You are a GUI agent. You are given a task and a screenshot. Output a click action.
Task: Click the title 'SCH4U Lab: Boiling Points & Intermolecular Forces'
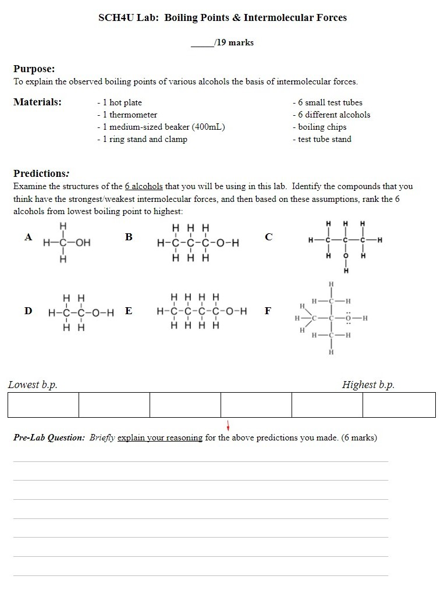(x=222, y=17)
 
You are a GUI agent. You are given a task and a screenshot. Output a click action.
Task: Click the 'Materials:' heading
(x=37, y=102)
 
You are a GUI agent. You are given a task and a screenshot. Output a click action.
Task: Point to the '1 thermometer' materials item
(x=127, y=115)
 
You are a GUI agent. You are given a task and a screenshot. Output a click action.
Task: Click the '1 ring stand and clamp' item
(x=142, y=139)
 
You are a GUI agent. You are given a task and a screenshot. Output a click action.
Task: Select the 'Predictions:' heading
(x=41, y=173)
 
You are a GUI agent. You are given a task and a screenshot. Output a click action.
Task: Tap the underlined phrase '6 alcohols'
(x=144, y=186)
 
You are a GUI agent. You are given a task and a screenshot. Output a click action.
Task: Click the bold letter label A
(x=28, y=237)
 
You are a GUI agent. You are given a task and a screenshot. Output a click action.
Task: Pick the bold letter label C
(x=268, y=237)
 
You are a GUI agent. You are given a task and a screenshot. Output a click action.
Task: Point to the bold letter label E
(x=129, y=310)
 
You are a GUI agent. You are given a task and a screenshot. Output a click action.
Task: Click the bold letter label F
(x=268, y=310)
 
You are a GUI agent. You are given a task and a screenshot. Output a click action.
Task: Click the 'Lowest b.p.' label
(x=33, y=385)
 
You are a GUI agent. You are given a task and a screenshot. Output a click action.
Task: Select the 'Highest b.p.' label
(x=368, y=385)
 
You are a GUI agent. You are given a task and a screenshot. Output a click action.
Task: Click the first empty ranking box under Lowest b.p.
(x=43, y=405)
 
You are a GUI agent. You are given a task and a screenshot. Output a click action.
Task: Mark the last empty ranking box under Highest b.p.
(x=399, y=405)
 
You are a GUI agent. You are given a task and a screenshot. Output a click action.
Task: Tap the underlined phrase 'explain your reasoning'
(x=160, y=438)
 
